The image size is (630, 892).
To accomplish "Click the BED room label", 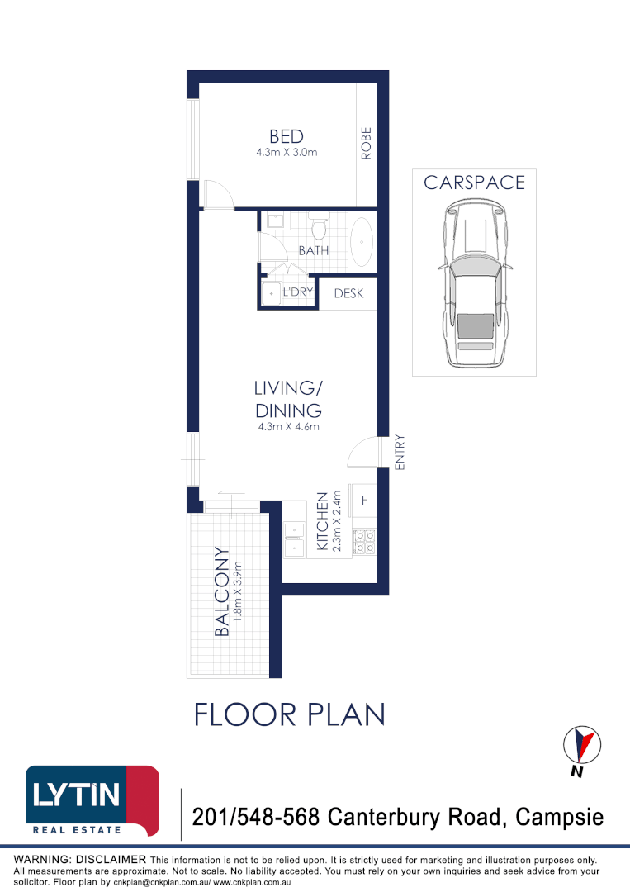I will (x=287, y=136).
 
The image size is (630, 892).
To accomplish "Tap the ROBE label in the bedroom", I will (x=366, y=143).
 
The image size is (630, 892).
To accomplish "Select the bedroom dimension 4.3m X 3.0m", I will (x=287, y=153).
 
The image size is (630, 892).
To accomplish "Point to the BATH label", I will (x=313, y=250).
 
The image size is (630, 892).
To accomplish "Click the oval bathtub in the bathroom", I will (x=362, y=241).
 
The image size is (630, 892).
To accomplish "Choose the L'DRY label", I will (x=296, y=292).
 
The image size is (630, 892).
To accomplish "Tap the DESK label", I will (x=348, y=292).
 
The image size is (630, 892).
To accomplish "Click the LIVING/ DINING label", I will (x=287, y=399).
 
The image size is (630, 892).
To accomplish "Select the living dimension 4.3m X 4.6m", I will (x=287, y=427).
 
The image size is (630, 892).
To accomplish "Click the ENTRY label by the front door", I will (x=400, y=453).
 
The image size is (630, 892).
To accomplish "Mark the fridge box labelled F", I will (x=364, y=500).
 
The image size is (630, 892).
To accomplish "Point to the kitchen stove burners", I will (x=364, y=541).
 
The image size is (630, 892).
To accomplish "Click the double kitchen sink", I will (x=294, y=539).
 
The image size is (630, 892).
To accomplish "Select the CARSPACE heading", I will (x=474, y=183).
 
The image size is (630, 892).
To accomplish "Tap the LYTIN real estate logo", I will (x=92, y=801).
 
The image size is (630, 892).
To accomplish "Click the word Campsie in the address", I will (x=559, y=818).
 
